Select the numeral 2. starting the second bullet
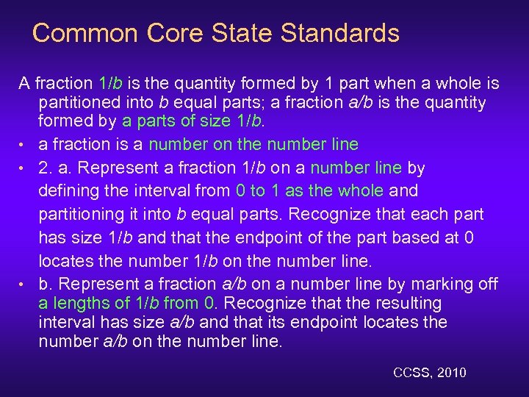point(46,168)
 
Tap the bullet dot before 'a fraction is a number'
point(24,145)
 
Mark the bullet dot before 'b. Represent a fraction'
point(24,285)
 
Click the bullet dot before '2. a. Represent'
point(24,168)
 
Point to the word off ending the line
point(486,284)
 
